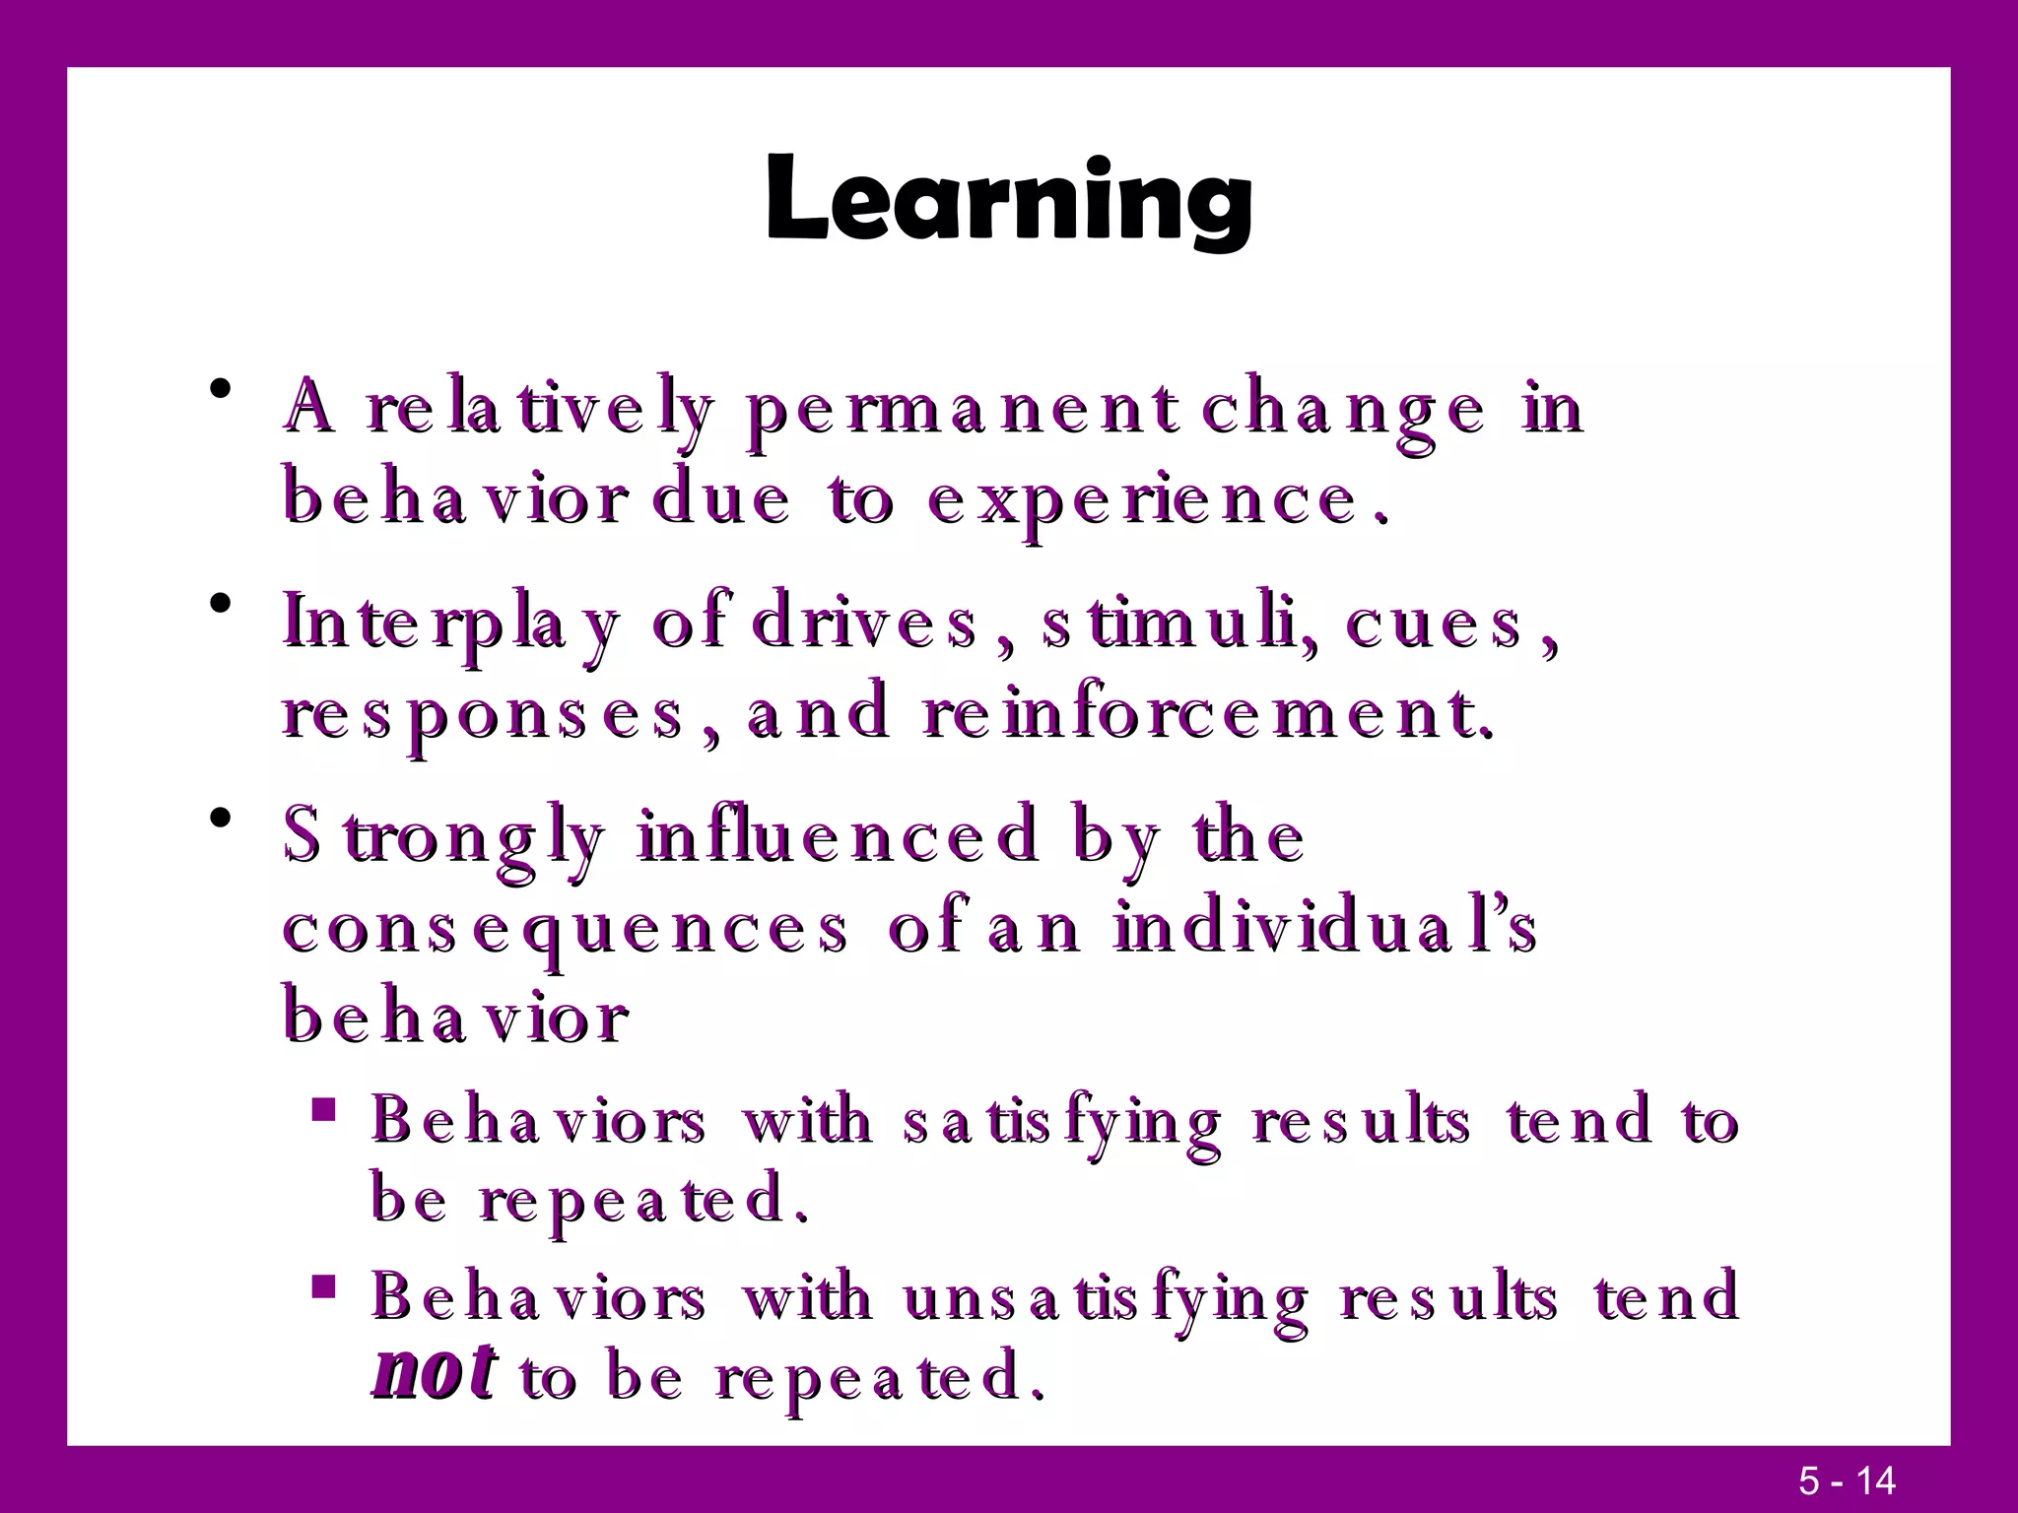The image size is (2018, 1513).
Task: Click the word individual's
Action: click(1325, 928)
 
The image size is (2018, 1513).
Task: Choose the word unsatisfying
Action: click(1104, 1297)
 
